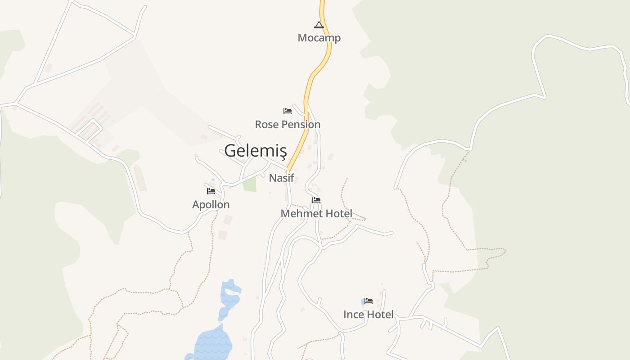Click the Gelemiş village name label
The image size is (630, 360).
(255, 151)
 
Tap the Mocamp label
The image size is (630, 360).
(319, 38)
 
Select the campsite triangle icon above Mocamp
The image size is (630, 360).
(319, 25)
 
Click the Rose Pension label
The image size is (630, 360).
(288, 124)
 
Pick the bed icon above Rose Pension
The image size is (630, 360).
(288, 111)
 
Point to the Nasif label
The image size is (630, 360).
(281, 178)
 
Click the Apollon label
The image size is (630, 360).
(211, 205)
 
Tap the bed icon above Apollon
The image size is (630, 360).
(211, 191)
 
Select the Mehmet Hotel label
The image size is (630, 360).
(316, 214)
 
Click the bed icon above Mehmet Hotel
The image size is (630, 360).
(316, 200)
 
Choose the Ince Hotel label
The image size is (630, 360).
(368, 315)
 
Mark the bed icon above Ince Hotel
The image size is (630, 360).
(369, 301)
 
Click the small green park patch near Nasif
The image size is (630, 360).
(249, 184)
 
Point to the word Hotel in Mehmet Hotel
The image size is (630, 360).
(337, 214)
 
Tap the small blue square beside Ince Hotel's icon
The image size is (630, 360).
(363, 301)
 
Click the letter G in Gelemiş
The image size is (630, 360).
(230, 151)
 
